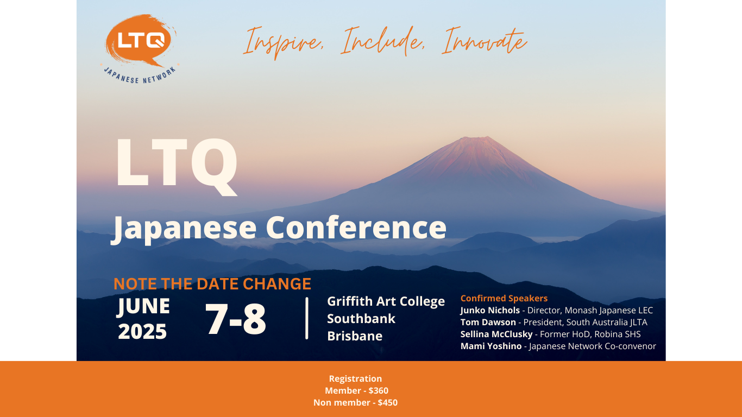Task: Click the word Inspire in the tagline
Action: pos(284,43)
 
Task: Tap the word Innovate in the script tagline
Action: pos(485,41)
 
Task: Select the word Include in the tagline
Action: pos(383,41)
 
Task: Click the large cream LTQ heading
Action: pos(176,167)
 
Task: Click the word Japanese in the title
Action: pos(184,229)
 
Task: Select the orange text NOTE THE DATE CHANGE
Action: pos(212,284)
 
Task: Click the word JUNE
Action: pos(143,306)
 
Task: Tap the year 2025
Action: pos(142,332)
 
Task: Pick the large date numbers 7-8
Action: pos(236,319)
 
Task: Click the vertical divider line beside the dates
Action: pos(307,318)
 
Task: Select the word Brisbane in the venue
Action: pos(355,336)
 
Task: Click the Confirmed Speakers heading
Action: pos(504,298)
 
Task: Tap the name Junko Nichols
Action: pos(490,311)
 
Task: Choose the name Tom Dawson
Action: pos(488,323)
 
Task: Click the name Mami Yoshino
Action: pos(491,346)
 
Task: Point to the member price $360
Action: pos(378,391)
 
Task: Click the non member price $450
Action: pos(387,403)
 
